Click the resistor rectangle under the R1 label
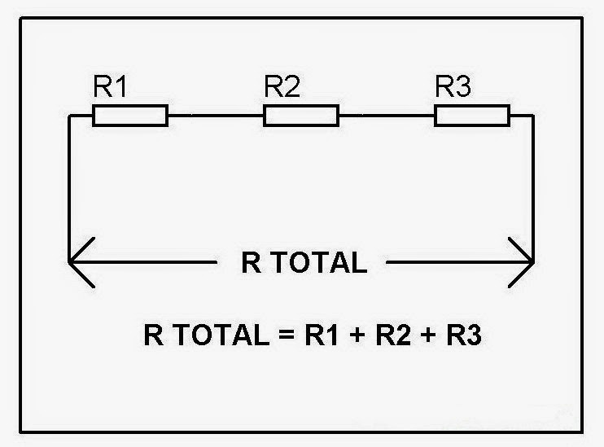point(130,116)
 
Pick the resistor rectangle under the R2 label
point(301,116)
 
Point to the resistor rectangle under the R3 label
point(472,116)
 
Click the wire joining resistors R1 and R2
point(216,116)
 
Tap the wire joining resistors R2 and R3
point(387,116)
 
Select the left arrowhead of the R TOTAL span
point(77,262)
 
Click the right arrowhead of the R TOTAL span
point(524,262)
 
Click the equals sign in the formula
point(283,335)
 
